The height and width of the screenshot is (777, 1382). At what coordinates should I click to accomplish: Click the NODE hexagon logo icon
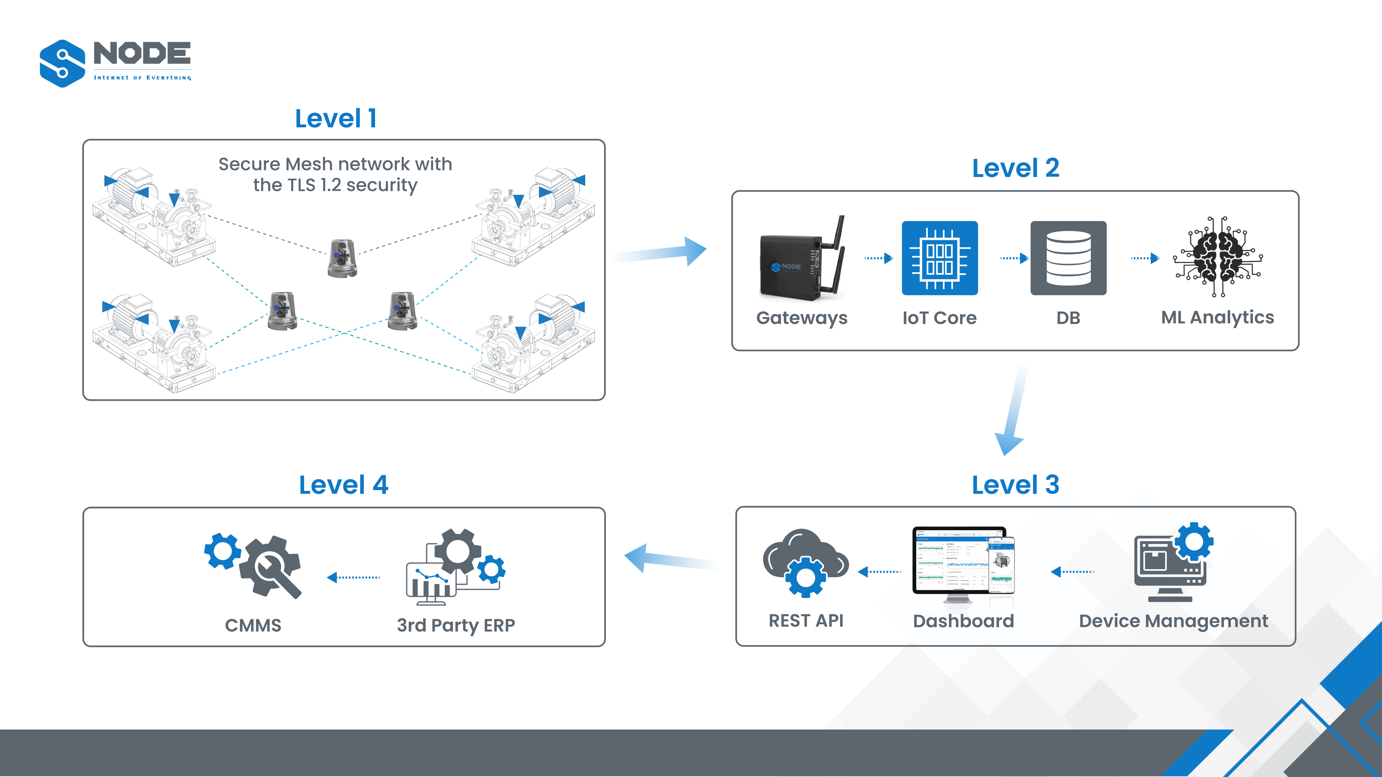point(62,63)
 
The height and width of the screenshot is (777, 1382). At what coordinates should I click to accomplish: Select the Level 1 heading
point(336,118)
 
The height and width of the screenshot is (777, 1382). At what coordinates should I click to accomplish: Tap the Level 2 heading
point(1016,168)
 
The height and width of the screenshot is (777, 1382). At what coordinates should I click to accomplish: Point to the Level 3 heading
point(1016,485)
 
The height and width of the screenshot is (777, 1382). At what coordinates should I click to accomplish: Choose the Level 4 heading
point(343,485)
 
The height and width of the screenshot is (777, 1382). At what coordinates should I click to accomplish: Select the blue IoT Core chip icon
point(939,258)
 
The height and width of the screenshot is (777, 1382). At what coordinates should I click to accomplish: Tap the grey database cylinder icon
point(1068,258)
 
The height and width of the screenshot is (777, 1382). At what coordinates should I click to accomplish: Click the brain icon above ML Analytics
point(1218,257)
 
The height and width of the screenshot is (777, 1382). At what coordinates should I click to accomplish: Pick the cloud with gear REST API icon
point(805,563)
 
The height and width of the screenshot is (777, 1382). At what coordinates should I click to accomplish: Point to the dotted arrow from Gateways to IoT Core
point(878,259)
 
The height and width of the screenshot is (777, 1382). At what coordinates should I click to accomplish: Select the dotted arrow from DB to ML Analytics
point(1145,259)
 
